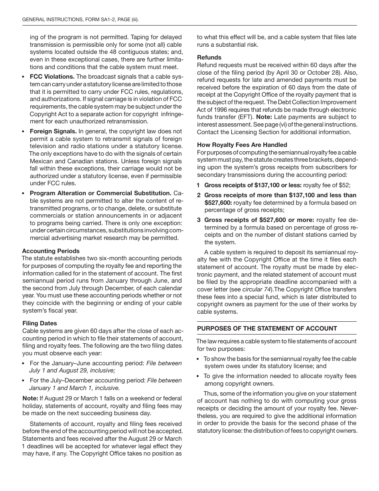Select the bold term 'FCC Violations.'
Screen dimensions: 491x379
(52, 77)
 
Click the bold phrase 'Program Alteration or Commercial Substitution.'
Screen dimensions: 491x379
(101, 193)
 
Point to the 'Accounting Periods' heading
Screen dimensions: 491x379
(51, 251)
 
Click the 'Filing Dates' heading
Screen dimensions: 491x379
(39, 323)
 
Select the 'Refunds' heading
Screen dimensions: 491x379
(209, 57)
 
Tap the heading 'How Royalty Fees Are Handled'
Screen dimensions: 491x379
(242, 145)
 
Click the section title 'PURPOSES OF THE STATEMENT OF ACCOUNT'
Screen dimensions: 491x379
(267, 329)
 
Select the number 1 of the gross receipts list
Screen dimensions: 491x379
(198, 186)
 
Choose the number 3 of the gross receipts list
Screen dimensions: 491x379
(198, 220)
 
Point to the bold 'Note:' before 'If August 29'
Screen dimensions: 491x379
(30, 398)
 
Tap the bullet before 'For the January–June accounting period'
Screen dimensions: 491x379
(24, 364)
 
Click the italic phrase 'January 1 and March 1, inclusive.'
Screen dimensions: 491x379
(75, 388)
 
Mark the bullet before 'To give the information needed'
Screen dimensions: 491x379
(199, 376)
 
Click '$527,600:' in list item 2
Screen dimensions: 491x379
(218, 203)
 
